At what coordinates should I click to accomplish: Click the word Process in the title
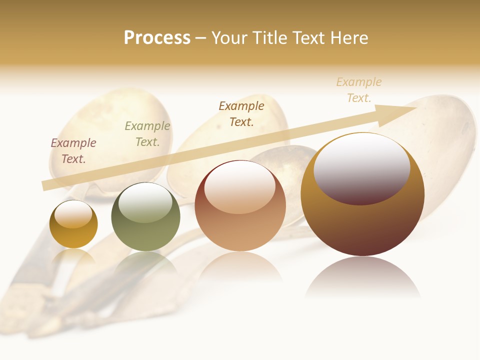(157, 38)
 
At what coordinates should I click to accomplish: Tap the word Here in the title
(348, 38)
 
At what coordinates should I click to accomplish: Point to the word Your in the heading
(230, 38)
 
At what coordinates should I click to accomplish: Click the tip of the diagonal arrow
(416, 109)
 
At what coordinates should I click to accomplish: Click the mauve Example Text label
(73, 151)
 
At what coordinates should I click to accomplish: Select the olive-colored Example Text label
(147, 134)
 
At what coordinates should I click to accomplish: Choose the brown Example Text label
(241, 113)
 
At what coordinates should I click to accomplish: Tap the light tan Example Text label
(359, 90)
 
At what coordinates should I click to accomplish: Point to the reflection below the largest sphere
(362, 277)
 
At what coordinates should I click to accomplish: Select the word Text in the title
(309, 38)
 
